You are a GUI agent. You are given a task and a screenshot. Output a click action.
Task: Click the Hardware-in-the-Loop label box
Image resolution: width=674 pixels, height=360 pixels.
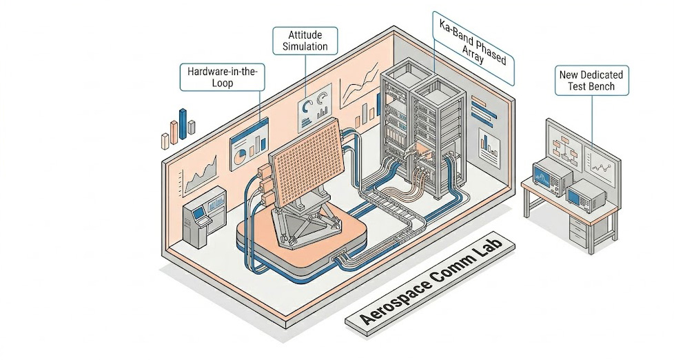pyautogui.click(x=222, y=77)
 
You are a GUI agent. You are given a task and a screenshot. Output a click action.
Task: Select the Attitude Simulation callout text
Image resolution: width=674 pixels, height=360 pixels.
pyautogui.click(x=305, y=41)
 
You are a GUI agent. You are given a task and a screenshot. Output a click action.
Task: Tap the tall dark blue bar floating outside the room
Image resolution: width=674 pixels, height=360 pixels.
pyautogui.click(x=183, y=123)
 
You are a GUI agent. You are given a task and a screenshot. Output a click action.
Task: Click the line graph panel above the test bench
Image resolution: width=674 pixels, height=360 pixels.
pyautogui.click(x=600, y=161)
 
